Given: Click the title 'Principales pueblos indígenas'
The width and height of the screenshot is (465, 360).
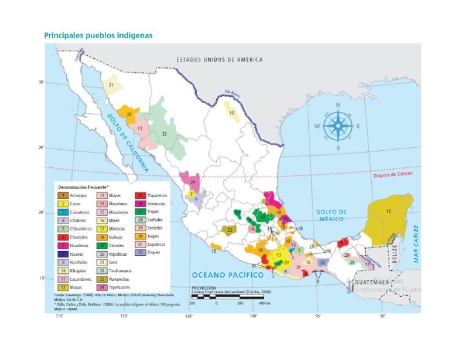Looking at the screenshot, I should (98, 35).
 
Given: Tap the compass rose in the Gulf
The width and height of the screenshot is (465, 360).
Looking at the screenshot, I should (338, 126).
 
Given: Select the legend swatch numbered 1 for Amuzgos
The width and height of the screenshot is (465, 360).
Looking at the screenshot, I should (63, 196).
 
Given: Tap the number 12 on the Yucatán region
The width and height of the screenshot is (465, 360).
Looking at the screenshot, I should (388, 210).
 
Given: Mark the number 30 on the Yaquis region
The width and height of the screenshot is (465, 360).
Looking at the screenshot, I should (129, 114).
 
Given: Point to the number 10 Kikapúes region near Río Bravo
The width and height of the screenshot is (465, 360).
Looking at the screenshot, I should (231, 113).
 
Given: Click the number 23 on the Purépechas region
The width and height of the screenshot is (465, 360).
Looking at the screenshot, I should (229, 230).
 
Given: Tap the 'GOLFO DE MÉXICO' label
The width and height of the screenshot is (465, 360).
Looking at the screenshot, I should (331, 215).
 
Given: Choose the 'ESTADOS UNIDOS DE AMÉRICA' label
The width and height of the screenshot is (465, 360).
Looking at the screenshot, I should (219, 59).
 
